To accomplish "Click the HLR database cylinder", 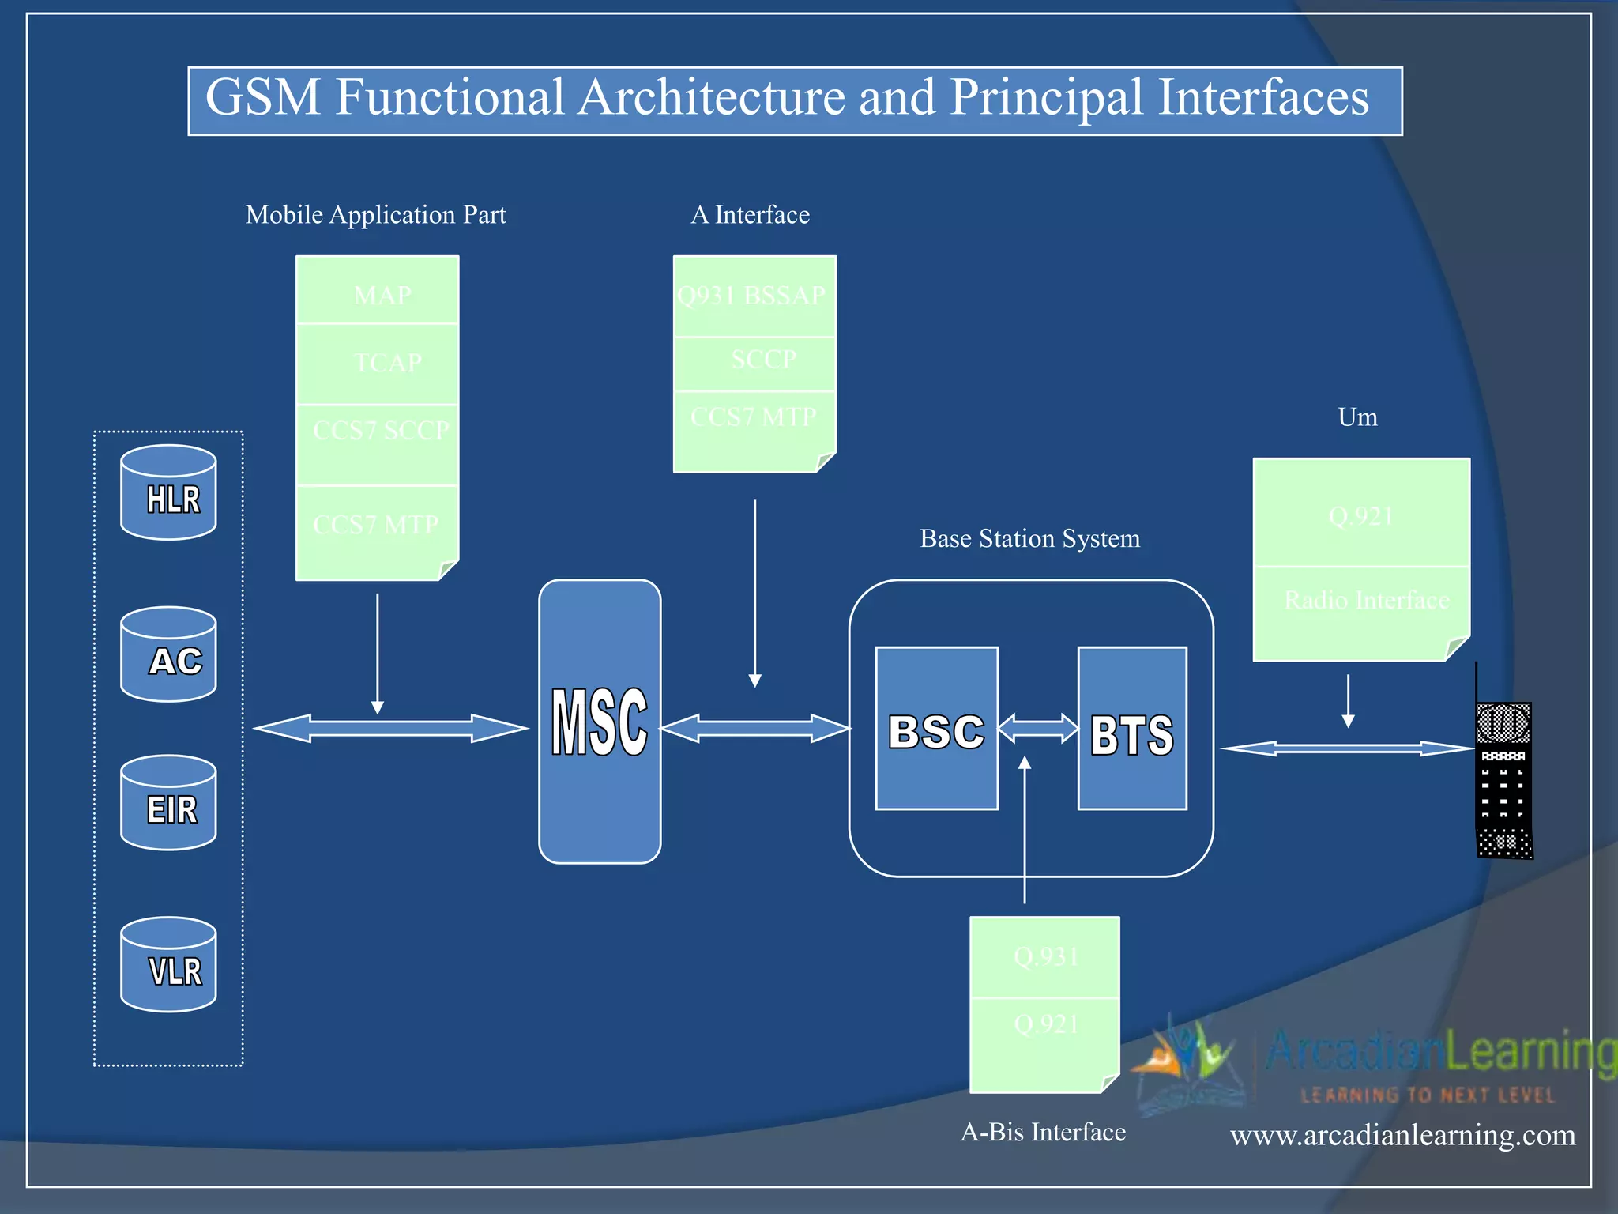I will [168, 492].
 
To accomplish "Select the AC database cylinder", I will [168, 654].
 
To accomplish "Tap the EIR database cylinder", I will [168, 803].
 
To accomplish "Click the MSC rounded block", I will [600, 721].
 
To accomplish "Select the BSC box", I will [936, 729].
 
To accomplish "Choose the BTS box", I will [1132, 729].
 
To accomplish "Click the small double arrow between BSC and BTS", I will [1038, 728].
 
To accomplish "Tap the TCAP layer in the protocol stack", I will [378, 364].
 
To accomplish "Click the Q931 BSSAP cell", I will [754, 296].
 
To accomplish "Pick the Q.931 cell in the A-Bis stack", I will [1045, 957].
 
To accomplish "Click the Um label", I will [1357, 417].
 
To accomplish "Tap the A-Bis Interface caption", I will [1043, 1132].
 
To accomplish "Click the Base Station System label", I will [1029, 538].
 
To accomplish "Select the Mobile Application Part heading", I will [375, 214].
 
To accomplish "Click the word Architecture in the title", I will [711, 98].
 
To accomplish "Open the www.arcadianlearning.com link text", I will [1402, 1135].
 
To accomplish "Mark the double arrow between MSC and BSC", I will [754, 728].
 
